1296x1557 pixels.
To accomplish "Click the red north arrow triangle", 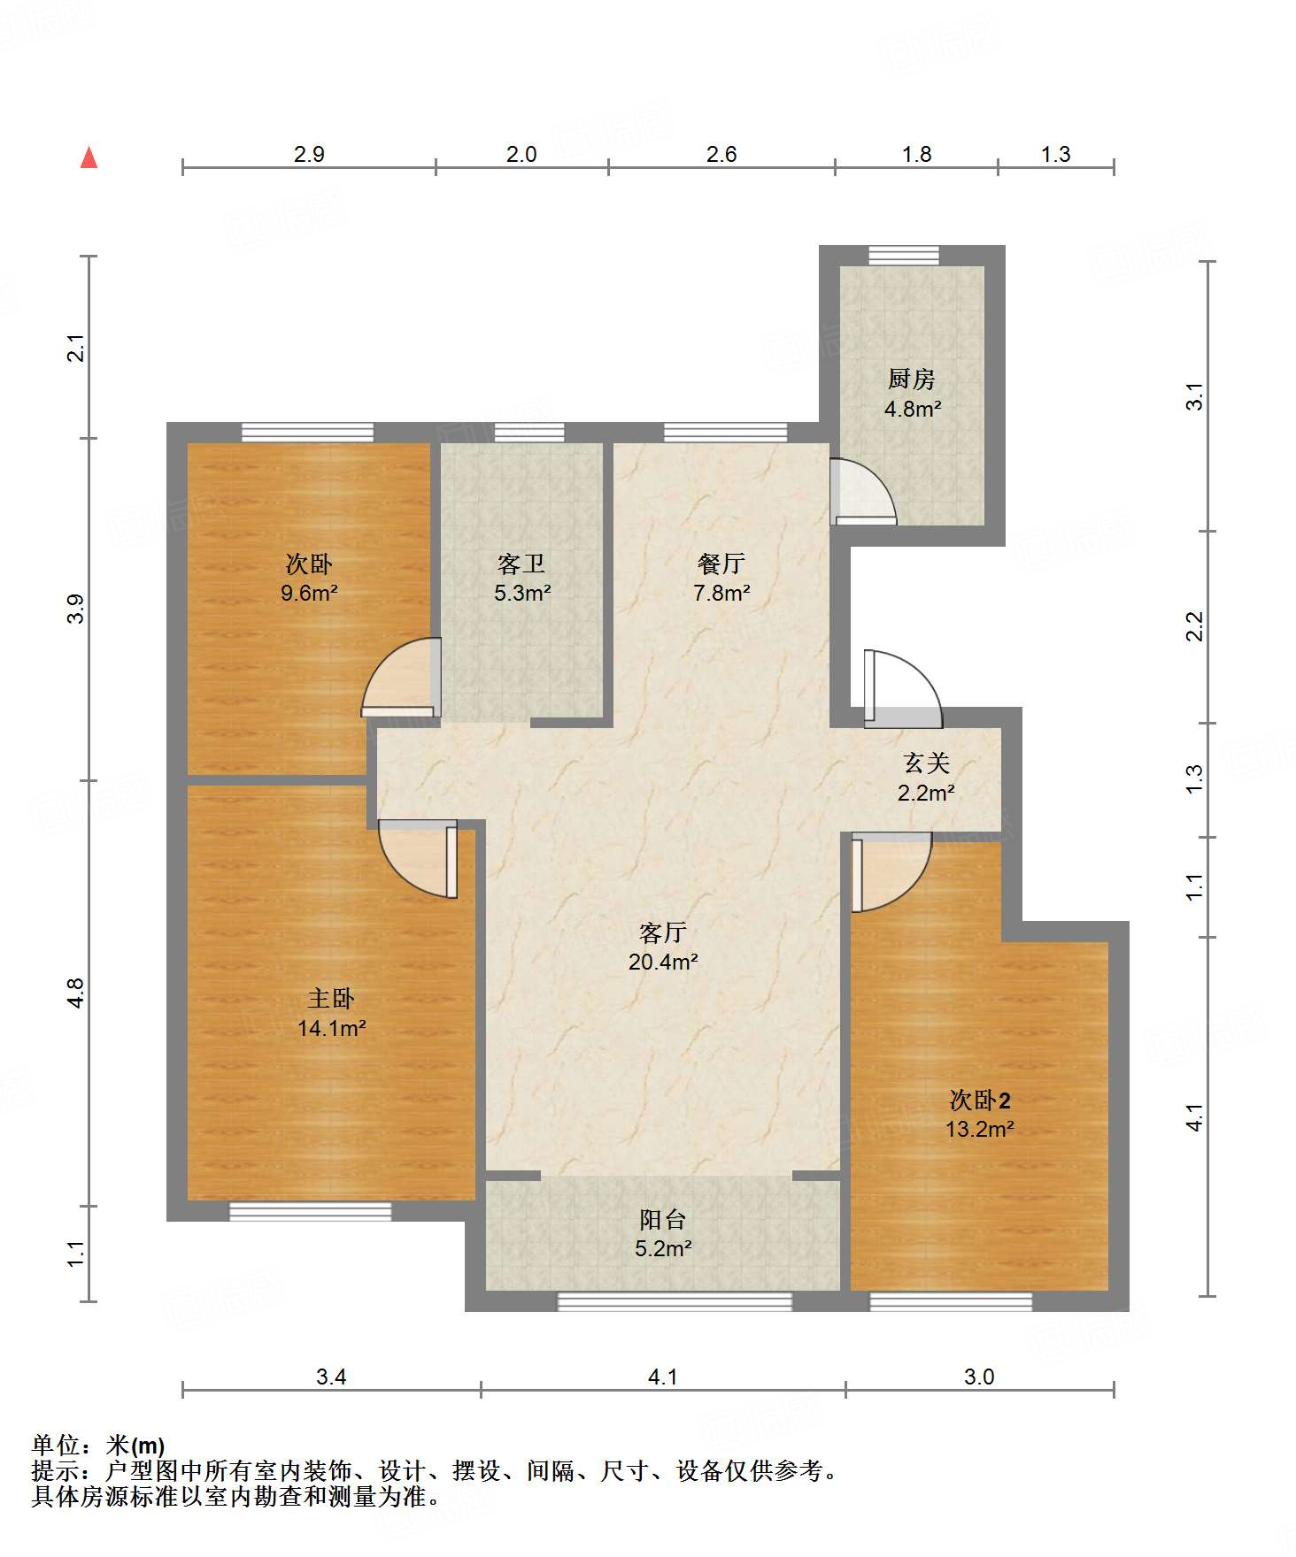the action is (x=89, y=157).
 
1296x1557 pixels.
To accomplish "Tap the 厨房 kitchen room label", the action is (x=912, y=379).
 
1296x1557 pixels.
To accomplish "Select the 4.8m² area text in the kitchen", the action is (x=913, y=409).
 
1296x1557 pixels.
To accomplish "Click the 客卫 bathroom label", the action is (x=521, y=564).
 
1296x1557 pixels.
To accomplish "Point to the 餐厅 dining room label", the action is (x=721, y=563).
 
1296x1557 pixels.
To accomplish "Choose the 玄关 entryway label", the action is (x=926, y=763).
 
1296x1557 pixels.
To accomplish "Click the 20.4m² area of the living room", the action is (x=664, y=962).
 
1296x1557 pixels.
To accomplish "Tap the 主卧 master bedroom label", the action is (x=331, y=999).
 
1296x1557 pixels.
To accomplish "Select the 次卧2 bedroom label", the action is (x=980, y=1101).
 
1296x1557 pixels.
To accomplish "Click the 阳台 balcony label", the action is (x=663, y=1220).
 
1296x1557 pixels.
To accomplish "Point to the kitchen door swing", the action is (x=863, y=492).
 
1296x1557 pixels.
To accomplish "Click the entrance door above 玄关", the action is (x=903, y=689).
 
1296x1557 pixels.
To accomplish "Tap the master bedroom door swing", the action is (x=418, y=859).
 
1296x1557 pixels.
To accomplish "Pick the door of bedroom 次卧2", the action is (x=891, y=872).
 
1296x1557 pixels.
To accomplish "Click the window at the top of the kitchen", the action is (x=903, y=256).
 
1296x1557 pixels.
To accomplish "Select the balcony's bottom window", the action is (x=675, y=1301).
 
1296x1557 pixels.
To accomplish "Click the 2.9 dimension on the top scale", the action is (x=309, y=154).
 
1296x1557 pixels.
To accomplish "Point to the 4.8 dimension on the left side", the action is (x=76, y=993).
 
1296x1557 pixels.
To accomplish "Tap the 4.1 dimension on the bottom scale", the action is (x=663, y=1377).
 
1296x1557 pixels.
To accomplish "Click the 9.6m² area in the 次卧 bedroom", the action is (x=309, y=593).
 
